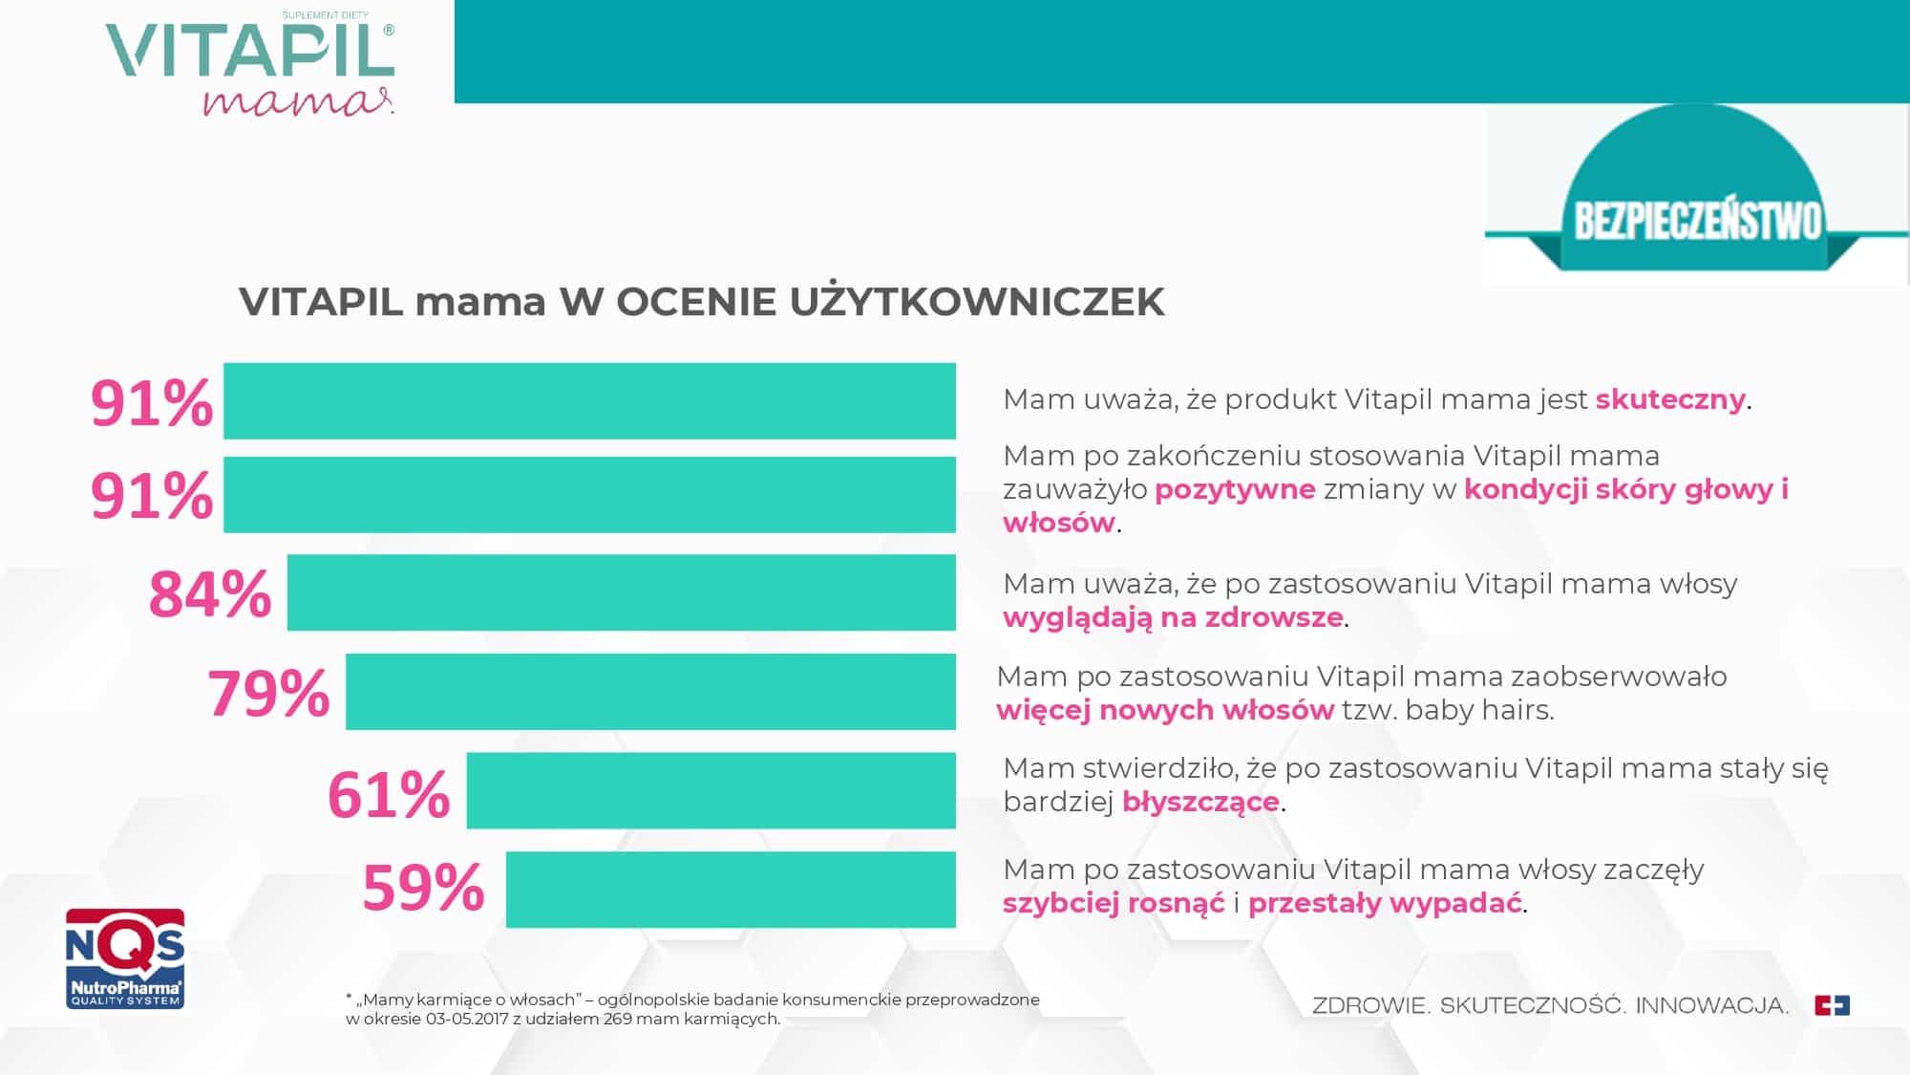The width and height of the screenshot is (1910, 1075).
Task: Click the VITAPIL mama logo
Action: [250, 65]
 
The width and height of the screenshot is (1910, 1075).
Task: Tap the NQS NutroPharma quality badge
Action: [125, 958]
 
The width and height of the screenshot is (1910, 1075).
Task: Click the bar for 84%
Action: [621, 592]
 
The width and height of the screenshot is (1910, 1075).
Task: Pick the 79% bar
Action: [650, 692]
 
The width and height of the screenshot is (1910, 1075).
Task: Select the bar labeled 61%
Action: [711, 790]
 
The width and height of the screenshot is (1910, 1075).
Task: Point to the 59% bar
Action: [731, 889]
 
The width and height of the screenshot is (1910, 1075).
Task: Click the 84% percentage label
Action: [210, 594]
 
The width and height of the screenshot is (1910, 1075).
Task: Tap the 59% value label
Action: [424, 889]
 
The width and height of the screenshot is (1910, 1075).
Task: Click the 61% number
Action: [389, 795]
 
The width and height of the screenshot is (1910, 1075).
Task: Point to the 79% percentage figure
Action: [268, 694]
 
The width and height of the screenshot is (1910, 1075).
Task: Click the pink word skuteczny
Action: [1670, 399]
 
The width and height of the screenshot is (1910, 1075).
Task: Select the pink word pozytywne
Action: [1235, 490]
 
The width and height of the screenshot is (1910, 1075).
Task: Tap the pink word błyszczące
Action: [1200, 802]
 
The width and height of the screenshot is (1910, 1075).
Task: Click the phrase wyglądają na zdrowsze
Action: [1173, 617]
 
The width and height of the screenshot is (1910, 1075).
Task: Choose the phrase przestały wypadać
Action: [1385, 903]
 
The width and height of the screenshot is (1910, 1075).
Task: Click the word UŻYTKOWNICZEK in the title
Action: [977, 301]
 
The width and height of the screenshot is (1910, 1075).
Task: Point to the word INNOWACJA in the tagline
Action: [1712, 1005]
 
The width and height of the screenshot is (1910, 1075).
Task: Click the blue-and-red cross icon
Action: [1832, 1005]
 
